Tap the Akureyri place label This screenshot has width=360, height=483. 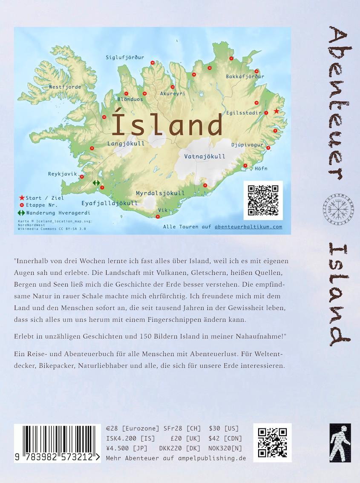173,93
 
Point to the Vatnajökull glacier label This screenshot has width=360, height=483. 204,156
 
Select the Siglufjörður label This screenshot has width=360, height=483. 125,57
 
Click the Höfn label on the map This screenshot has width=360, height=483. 261,168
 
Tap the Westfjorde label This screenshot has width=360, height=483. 65,87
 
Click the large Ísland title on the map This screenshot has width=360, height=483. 167,124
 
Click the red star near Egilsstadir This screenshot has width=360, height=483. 276,111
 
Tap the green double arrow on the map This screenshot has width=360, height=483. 96,183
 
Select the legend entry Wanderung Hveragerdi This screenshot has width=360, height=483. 58,213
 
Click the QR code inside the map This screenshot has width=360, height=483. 263,200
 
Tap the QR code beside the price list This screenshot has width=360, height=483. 272,443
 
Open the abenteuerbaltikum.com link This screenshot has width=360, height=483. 248,227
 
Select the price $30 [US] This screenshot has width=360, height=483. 224,428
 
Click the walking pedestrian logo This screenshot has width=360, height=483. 340,443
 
